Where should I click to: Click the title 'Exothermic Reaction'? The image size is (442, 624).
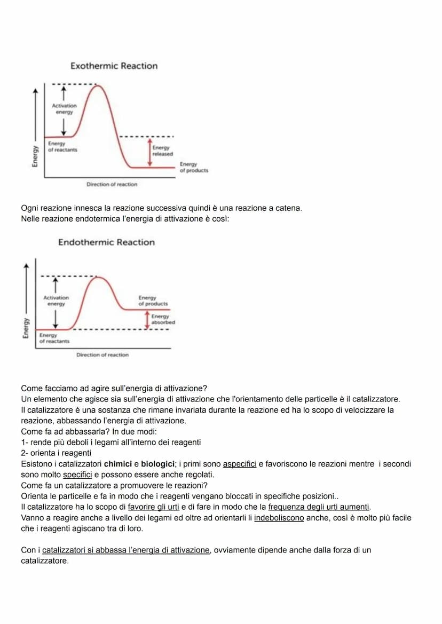114,66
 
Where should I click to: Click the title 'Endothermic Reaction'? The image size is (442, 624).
106,242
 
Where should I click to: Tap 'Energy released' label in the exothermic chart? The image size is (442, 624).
162,151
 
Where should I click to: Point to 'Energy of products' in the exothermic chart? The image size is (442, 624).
194,167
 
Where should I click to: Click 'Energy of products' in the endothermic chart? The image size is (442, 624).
153,301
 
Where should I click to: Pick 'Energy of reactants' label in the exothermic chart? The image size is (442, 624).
62,147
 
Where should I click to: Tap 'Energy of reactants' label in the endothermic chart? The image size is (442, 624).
54,338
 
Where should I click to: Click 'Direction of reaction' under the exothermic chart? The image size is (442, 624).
112,184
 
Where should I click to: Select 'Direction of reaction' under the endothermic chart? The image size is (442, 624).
102,354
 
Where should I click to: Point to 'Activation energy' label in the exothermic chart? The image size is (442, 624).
64,109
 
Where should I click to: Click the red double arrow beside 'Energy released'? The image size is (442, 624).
150,152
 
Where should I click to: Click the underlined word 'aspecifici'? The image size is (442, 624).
239,464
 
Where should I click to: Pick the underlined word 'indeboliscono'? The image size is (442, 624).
279,518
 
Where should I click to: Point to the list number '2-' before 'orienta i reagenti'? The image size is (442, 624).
25,453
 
